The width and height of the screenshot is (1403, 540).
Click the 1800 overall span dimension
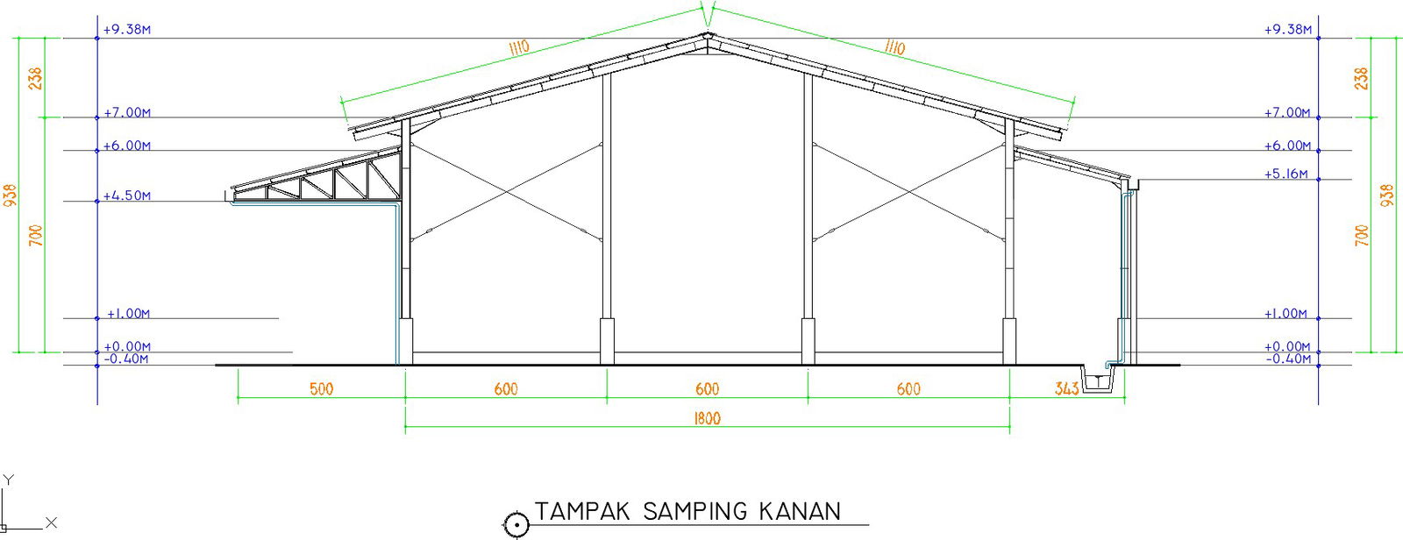(x=707, y=418)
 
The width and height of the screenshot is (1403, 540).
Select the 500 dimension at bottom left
(x=322, y=388)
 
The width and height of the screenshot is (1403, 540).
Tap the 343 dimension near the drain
(x=1066, y=388)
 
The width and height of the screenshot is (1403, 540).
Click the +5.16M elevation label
(x=1285, y=174)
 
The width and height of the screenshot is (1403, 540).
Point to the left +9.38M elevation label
(x=127, y=30)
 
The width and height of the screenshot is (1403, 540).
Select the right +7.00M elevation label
(x=1286, y=113)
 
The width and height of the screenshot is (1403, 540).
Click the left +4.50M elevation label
(x=127, y=196)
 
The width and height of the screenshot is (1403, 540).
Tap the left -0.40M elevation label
(x=126, y=359)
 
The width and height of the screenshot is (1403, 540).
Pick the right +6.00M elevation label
(x=1287, y=146)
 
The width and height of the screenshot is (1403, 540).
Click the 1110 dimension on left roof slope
(x=518, y=47)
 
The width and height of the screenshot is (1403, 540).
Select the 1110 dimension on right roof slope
(x=894, y=47)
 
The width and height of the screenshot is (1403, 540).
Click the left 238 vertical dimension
(x=35, y=79)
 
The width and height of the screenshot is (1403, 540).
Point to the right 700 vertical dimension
(x=1362, y=235)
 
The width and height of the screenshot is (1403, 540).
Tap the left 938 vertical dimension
(x=11, y=195)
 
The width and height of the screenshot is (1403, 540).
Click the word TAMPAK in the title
(x=582, y=512)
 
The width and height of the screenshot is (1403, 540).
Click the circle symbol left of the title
(x=516, y=525)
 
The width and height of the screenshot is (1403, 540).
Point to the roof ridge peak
(x=707, y=36)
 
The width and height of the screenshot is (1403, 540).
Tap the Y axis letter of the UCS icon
(x=8, y=480)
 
